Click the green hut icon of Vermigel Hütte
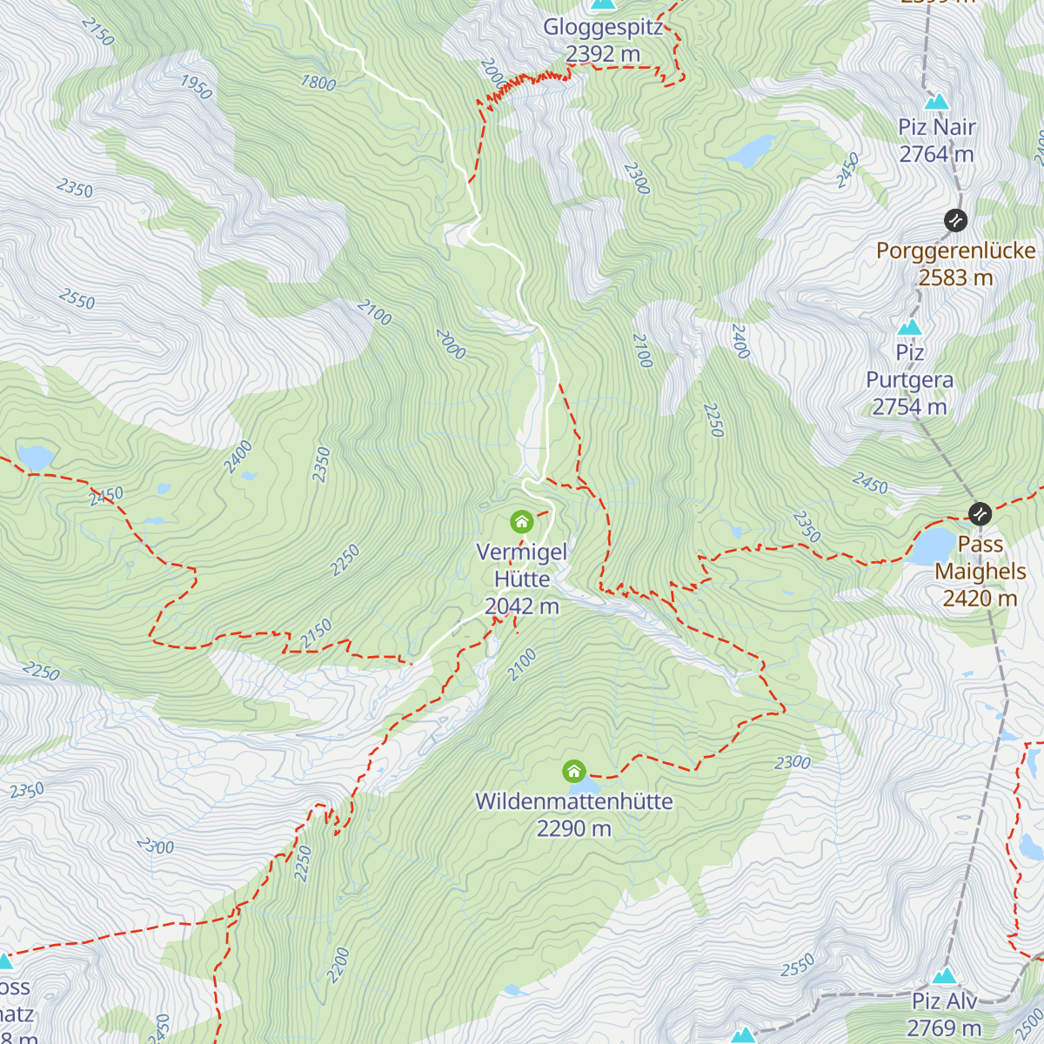click(x=521, y=522)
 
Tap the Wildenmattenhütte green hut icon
click(x=573, y=771)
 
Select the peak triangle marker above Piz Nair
click(x=936, y=101)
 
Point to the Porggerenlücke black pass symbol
click(x=955, y=220)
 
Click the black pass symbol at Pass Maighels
click(x=980, y=513)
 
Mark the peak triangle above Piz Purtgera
click(x=910, y=327)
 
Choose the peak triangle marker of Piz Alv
click(x=945, y=975)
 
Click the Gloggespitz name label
click(x=603, y=27)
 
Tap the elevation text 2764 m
click(x=936, y=154)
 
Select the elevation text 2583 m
click(x=955, y=278)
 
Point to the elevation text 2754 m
click(x=909, y=406)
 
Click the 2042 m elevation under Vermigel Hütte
click(x=521, y=606)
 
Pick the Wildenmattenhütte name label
click(x=573, y=801)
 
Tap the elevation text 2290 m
click(x=573, y=828)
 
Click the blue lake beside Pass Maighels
click(x=933, y=547)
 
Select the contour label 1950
click(x=196, y=87)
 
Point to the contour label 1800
click(x=318, y=83)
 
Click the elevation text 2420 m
click(x=980, y=599)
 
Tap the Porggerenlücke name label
click(x=955, y=251)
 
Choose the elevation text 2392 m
click(x=603, y=54)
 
